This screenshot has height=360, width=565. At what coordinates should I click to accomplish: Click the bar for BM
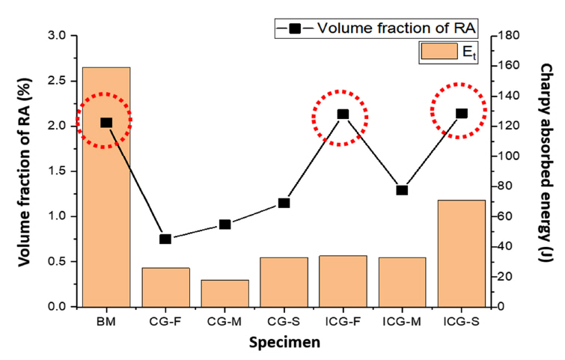[x=106, y=187]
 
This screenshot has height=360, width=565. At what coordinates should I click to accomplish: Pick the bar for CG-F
[x=165, y=287]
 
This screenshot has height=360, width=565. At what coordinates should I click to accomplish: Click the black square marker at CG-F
[x=165, y=240]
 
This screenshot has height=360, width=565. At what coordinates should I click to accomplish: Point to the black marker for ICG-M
[x=402, y=190]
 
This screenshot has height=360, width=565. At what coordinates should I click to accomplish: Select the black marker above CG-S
[x=284, y=203]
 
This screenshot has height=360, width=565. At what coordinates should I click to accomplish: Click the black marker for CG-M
[x=225, y=225]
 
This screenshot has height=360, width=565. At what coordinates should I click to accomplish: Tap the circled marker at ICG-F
[x=343, y=115]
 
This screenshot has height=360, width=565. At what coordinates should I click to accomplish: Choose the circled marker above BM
[x=106, y=123]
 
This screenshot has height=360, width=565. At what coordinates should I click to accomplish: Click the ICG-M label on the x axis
[x=402, y=321]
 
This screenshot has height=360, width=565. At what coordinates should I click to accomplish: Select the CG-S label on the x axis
[x=284, y=321]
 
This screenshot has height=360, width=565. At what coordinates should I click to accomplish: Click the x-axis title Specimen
[x=284, y=344]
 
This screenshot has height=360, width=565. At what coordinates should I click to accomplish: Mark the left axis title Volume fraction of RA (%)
[x=23, y=171]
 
